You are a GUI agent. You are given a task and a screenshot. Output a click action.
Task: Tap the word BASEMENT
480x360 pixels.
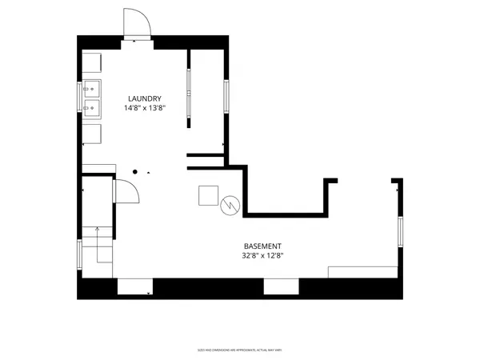coord(263,246)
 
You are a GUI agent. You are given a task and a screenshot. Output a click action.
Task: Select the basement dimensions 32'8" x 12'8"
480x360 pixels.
coord(263,256)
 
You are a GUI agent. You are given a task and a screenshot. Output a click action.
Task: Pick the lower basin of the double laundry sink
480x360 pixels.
coord(93,106)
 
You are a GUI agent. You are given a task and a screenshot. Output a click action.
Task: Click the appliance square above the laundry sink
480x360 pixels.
coord(92,64)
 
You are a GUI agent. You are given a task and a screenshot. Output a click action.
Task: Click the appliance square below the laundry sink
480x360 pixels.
coord(92,132)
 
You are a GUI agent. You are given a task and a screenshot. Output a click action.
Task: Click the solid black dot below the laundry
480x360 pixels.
coord(136,171)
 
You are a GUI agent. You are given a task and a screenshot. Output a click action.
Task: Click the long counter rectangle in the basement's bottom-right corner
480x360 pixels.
coord(363,272)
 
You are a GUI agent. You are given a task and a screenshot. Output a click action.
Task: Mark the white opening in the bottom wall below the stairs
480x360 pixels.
coord(134,286)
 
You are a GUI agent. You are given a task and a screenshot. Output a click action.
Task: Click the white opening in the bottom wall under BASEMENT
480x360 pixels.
coord(280,286)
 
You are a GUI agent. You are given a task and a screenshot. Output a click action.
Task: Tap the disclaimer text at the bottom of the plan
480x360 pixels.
coord(239,350)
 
